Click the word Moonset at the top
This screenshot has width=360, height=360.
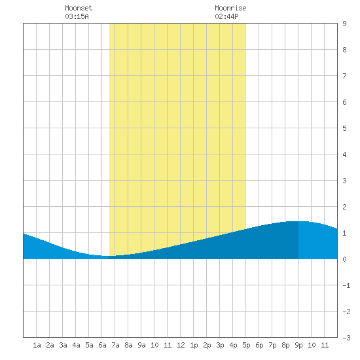click(x=79, y=8)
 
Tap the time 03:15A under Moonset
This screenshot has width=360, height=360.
click(x=77, y=16)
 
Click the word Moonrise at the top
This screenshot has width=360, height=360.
click(x=230, y=8)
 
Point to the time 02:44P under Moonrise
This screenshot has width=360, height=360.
click(x=226, y=16)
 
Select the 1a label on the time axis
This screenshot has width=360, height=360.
click(x=37, y=345)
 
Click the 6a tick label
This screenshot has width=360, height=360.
click(x=102, y=345)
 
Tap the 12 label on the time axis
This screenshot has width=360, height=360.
click(x=181, y=345)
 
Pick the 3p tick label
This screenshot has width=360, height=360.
click(x=220, y=345)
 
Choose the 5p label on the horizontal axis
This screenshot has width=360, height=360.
click(x=246, y=345)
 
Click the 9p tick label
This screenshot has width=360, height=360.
click(x=298, y=345)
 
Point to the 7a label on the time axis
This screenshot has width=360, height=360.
click(x=115, y=345)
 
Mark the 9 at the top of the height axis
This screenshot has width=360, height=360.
click(x=344, y=24)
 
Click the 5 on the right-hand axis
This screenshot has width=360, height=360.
click(x=344, y=128)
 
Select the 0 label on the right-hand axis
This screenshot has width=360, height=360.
click(x=344, y=259)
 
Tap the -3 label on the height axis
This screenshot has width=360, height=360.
click(x=346, y=338)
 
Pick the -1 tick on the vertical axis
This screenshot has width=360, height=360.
click(x=346, y=285)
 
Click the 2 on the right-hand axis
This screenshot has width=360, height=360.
click(x=344, y=207)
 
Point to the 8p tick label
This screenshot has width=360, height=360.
click(x=285, y=345)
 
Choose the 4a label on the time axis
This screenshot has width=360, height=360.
click(x=76, y=345)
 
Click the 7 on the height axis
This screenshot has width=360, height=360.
click(x=344, y=76)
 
